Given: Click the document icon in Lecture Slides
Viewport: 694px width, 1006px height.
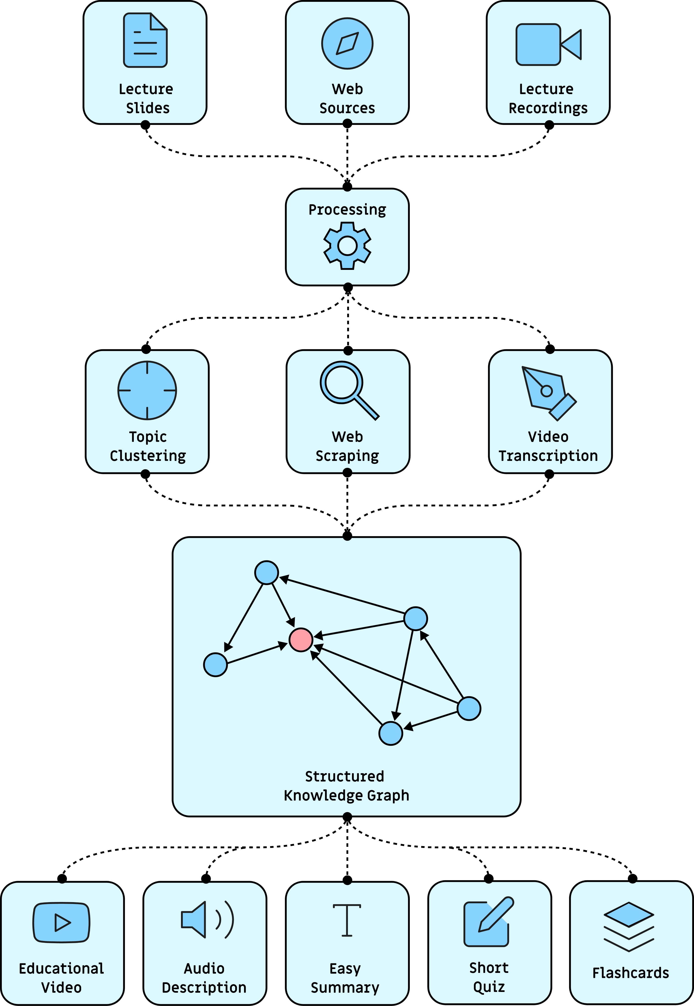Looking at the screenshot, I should (x=145, y=40).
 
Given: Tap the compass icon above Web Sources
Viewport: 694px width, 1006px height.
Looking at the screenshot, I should (x=347, y=44).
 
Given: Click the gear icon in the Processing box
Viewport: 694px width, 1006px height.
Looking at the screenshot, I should (x=347, y=246).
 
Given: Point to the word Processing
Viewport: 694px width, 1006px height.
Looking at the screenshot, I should (x=347, y=210).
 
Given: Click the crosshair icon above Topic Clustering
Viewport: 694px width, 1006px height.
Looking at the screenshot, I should (x=147, y=390).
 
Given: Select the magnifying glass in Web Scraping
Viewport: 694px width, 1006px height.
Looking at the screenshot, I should (x=348, y=389).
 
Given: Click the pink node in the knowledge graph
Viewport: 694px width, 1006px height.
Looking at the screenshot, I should (x=301, y=640).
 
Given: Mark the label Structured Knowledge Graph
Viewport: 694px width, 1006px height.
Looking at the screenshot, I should (x=346, y=786).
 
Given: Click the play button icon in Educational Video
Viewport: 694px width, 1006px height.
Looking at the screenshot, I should (x=62, y=923).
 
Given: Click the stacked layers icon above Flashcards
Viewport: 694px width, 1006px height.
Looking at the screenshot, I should (x=629, y=926).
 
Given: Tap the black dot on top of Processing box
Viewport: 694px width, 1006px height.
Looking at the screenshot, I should (x=347, y=187).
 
